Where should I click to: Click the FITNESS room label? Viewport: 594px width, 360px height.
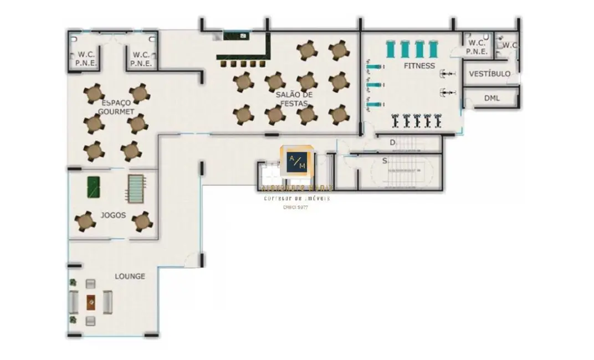coord(419,66)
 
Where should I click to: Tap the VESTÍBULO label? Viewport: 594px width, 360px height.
coord(489,74)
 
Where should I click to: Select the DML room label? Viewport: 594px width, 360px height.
coord(491,98)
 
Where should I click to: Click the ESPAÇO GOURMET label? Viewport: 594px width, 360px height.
coord(116,107)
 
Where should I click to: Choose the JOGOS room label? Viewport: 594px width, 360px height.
coord(113,215)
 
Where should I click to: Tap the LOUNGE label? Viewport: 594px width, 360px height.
coord(130,276)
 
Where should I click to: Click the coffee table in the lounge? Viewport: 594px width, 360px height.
coord(91,302)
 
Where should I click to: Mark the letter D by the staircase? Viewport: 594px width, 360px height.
coord(392,142)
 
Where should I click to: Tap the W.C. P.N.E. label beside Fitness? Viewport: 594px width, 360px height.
coord(477,47)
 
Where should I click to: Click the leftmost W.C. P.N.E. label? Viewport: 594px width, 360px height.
coord(86,59)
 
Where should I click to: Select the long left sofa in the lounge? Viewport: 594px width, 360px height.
coord(74,302)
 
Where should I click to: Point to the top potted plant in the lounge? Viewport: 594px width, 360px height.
coord(73,283)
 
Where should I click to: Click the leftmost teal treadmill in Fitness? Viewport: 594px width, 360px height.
coord(392,49)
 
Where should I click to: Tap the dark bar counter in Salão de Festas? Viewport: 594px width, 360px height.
coord(244,55)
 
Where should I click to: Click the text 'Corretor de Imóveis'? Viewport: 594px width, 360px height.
coord(296,198)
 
